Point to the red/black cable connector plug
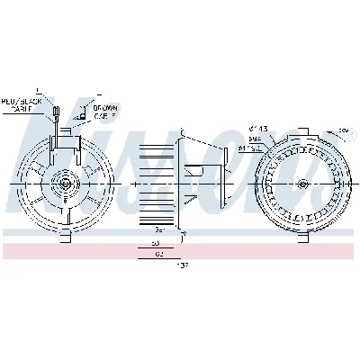click(56, 112)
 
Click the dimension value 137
click(159, 267)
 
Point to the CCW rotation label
click(343, 131)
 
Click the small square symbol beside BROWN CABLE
click(83, 116)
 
